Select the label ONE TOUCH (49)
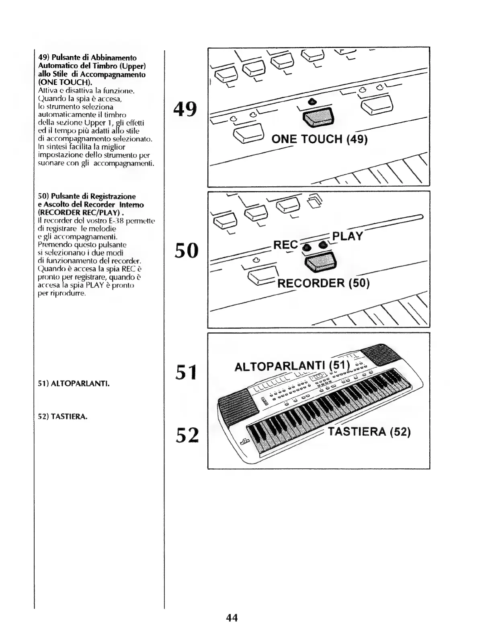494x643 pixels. tap(320, 140)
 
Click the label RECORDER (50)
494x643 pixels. tap(323, 283)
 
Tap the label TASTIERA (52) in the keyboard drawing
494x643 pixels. tap(369, 432)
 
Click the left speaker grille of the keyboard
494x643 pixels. tap(238, 408)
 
